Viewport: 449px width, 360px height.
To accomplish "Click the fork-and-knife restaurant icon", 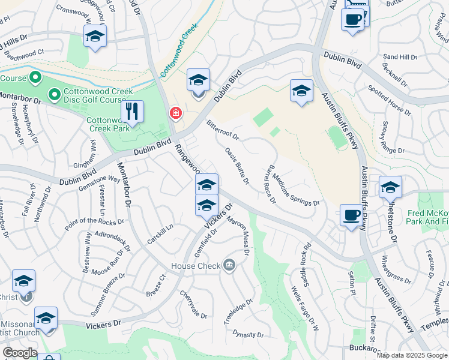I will [132, 112].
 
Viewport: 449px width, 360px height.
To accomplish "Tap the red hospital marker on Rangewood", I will [175, 112].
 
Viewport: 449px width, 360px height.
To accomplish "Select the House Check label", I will [195, 266].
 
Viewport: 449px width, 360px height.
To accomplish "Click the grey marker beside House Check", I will [229, 265].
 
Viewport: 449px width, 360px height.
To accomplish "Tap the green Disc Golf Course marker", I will [54, 94].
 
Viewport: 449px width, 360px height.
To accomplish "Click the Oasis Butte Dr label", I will [237, 166].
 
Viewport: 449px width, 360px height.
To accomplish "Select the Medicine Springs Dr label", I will [296, 188].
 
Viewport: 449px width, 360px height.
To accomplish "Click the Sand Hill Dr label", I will [400, 57].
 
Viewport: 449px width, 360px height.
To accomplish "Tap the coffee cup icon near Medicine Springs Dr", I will [351, 215].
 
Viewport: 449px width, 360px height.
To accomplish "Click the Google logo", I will [20, 353].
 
